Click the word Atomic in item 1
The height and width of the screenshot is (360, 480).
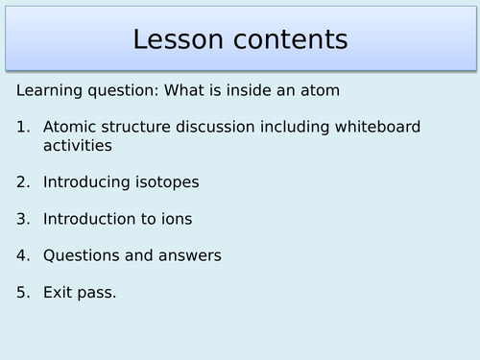70,127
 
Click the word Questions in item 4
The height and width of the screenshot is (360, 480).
82,255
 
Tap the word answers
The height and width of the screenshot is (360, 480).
191,255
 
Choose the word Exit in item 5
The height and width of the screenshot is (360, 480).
59,292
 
